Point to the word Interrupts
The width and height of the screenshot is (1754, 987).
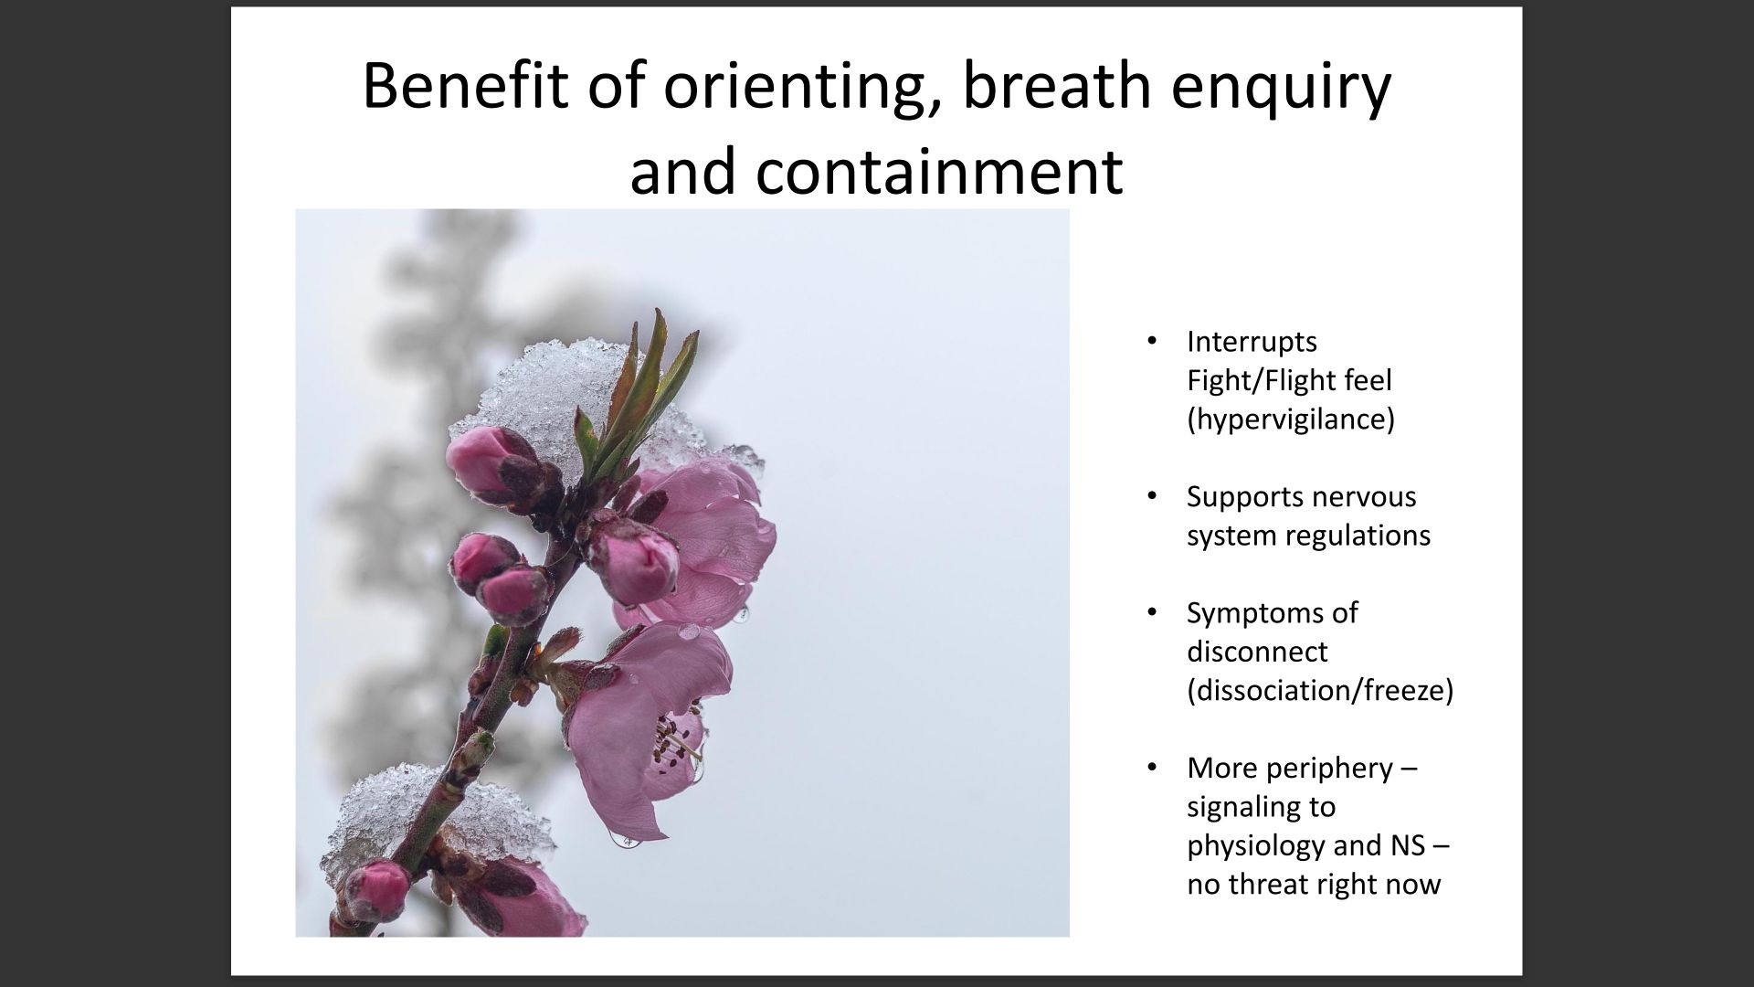(1252, 342)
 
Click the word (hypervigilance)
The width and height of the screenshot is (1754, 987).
(1291, 419)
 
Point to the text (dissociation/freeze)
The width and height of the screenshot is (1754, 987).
(1320, 691)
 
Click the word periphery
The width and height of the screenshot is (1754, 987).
(1336, 769)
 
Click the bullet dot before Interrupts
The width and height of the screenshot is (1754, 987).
(1153, 343)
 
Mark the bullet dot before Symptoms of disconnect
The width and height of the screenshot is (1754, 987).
(1153, 613)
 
